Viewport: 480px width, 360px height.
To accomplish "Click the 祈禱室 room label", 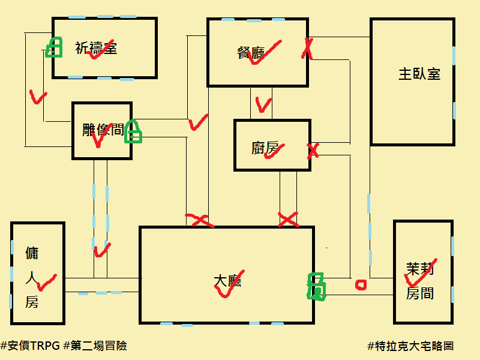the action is click(x=96, y=49).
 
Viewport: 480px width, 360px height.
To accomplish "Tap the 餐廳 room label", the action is click(x=251, y=53).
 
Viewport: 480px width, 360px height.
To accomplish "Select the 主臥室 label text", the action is click(x=419, y=74).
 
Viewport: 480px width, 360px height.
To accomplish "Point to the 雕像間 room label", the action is click(x=103, y=130).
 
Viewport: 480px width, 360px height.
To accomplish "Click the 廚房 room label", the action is click(x=265, y=148).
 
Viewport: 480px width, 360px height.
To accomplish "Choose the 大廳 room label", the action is click(x=227, y=281).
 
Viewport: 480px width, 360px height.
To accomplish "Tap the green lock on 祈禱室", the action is click(x=54, y=47).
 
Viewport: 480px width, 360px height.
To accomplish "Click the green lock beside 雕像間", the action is click(x=133, y=131).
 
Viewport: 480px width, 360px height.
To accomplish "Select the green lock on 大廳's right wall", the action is click(x=317, y=287).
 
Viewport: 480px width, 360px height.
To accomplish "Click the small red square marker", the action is click(x=361, y=284).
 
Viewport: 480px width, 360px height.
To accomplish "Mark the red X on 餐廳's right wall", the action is click(x=307, y=49).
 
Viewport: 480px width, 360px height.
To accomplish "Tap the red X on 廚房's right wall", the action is click(x=313, y=151).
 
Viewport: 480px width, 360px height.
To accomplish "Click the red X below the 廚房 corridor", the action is click(x=288, y=220).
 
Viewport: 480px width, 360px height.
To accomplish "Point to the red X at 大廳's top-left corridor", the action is click(x=200, y=220).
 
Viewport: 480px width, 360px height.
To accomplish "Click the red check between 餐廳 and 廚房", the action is click(x=263, y=104).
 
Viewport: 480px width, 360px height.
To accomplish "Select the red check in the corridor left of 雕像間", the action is click(x=38, y=97).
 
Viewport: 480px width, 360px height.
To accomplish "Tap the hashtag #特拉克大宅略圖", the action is click(x=410, y=346).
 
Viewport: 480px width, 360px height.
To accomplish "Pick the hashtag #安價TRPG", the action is click(x=31, y=346).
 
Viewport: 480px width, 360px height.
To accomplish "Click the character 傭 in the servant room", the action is click(x=32, y=253).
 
